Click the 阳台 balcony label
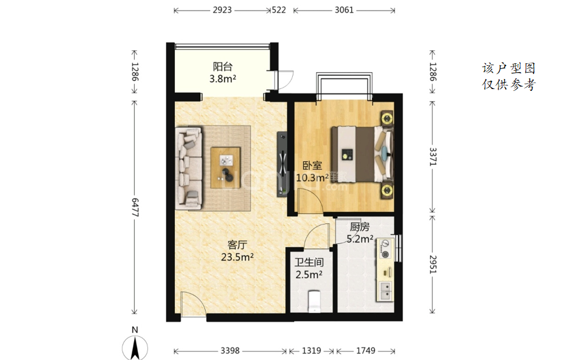pyautogui.click(x=223, y=66)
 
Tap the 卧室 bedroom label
pyautogui.click(x=312, y=165)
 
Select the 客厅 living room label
pyautogui.click(x=237, y=245)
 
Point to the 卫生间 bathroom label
pyautogui.click(x=309, y=262)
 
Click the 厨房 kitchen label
pyautogui.click(x=360, y=227)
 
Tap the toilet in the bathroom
pyautogui.click(x=314, y=301)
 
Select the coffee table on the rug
pyautogui.click(x=225, y=167)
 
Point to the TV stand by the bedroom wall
pyautogui.click(x=282, y=164)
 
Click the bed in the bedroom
pyautogui.click(x=362, y=154)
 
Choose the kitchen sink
pyautogui.click(x=385, y=291)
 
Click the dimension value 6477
pyautogui.click(x=135, y=208)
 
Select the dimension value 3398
pyautogui.click(x=230, y=351)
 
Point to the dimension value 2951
pyautogui.click(x=433, y=264)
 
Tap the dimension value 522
pyautogui.click(x=278, y=10)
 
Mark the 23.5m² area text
pyautogui.click(x=237, y=257)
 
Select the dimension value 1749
pyautogui.click(x=366, y=351)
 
